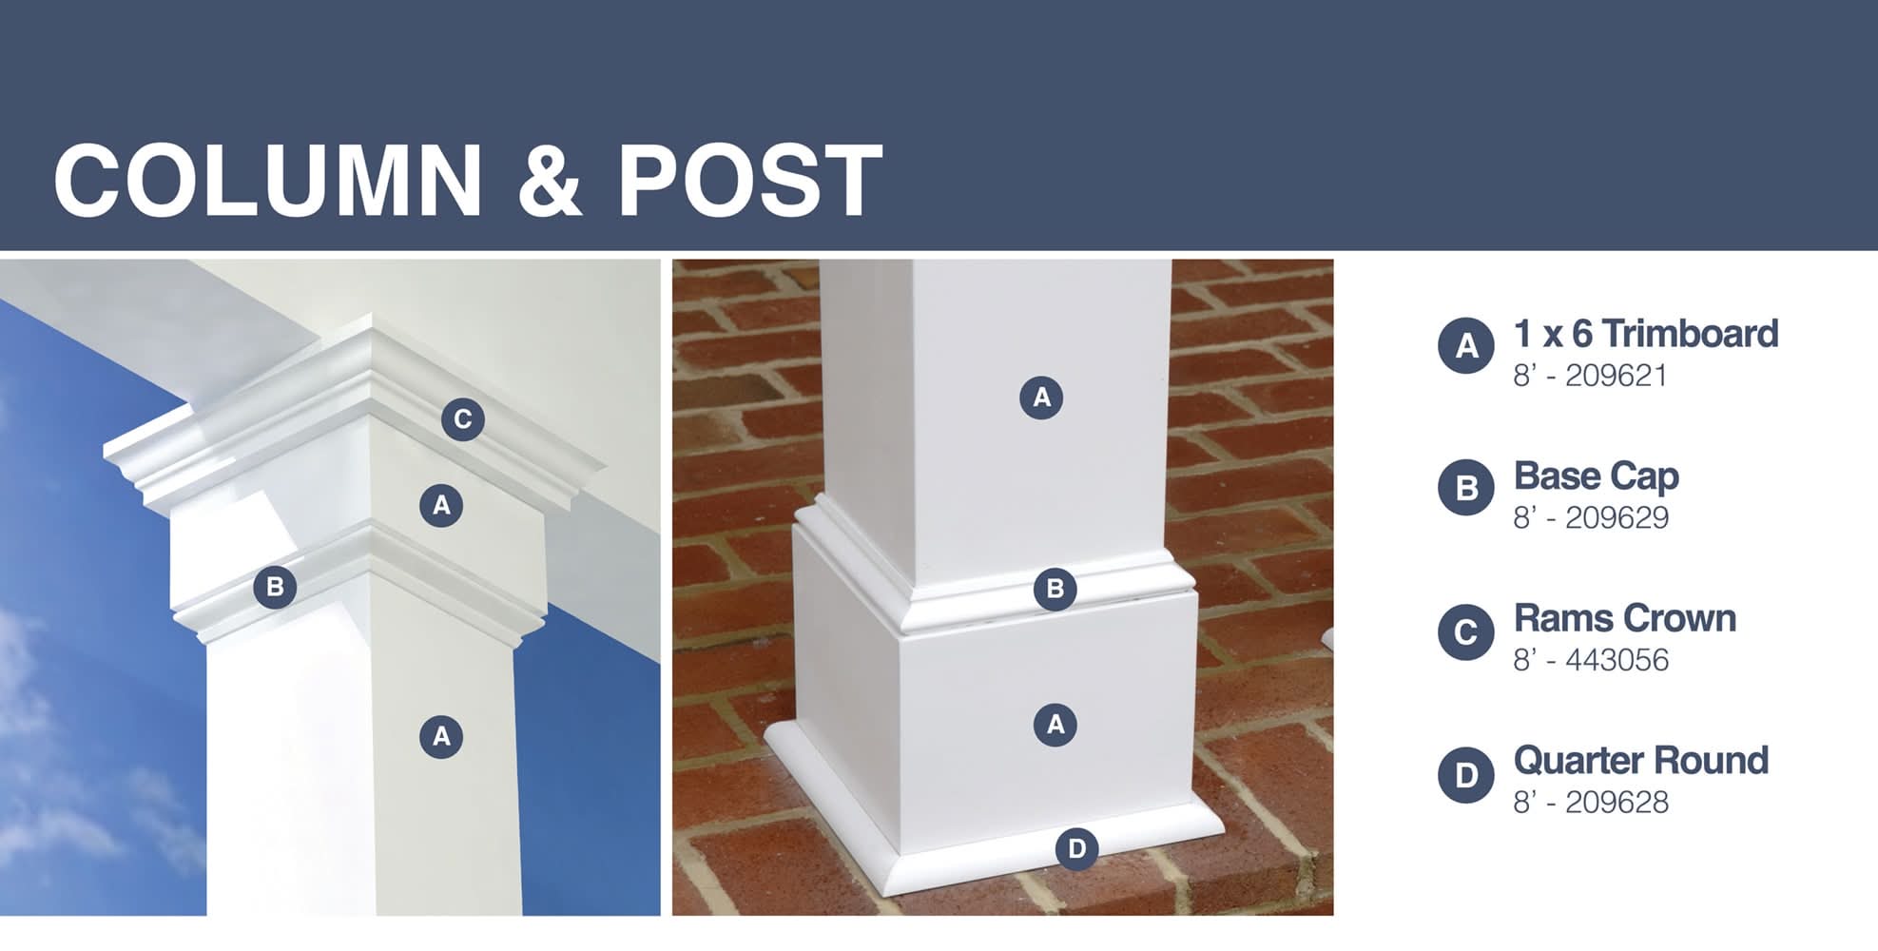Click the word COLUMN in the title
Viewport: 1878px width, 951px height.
(268, 181)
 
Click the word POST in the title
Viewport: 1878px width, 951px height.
(750, 181)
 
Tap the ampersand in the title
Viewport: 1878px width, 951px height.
(550, 181)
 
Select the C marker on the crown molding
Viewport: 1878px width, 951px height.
(463, 419)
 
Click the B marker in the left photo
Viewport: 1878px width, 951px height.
(275, 587)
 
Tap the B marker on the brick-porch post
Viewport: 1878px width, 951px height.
(1055, 590)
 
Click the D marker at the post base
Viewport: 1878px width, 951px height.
(1076, 848)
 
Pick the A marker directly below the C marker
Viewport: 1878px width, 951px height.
(441, 505)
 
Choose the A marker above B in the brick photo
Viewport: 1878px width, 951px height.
(1041, 398)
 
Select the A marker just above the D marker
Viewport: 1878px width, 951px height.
(1055, 725)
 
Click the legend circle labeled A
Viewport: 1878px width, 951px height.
(1466, 345)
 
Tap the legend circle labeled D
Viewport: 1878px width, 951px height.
(1466, 774)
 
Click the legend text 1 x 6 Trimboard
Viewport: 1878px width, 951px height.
(1646, 334)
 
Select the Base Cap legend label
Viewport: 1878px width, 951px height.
(1597, 476)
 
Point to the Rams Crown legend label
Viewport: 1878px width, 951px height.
(1625, 618)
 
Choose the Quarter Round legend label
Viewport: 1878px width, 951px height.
(1641, 761)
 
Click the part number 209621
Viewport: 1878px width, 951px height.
(1617, 376)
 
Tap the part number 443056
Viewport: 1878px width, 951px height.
(1617, 660)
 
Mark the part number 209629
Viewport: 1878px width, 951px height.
(1617, 518)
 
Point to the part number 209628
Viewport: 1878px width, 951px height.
(1617, 803)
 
